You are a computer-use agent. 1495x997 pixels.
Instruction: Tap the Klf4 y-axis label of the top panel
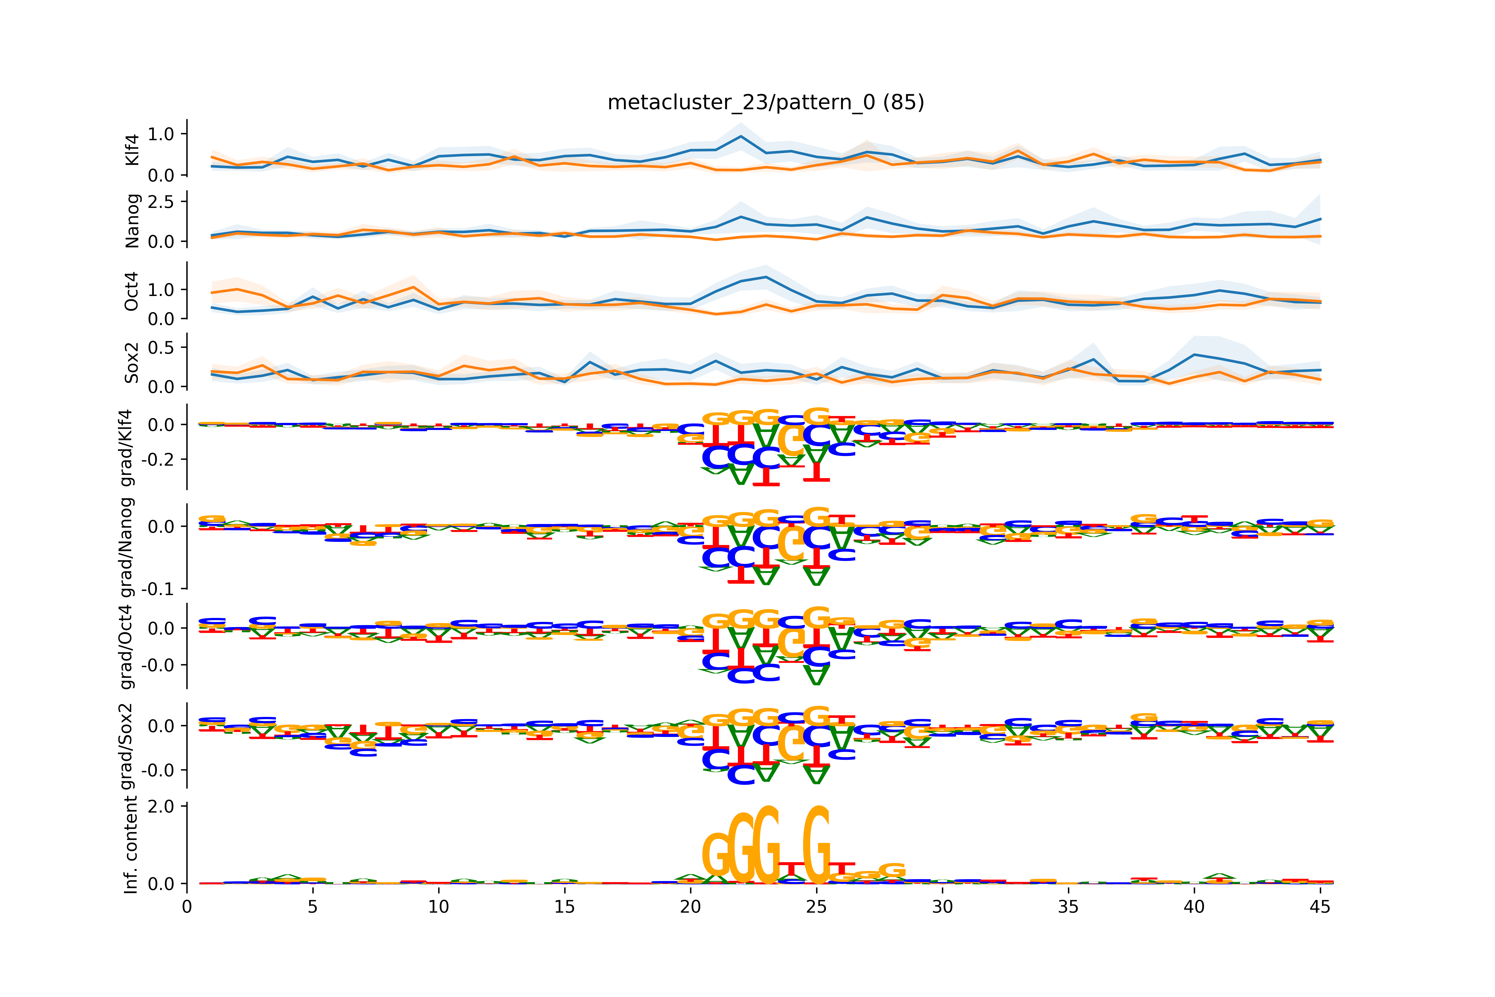click(132, 150)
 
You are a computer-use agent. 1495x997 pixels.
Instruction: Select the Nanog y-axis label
click(132, 221)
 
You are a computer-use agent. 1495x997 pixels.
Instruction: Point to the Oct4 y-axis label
click(132, 291)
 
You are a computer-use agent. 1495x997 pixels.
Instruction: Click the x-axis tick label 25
click(816, 907)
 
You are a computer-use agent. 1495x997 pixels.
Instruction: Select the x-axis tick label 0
click(187, 907)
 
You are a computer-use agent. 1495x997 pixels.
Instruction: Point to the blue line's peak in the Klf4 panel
click(740, 136)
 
